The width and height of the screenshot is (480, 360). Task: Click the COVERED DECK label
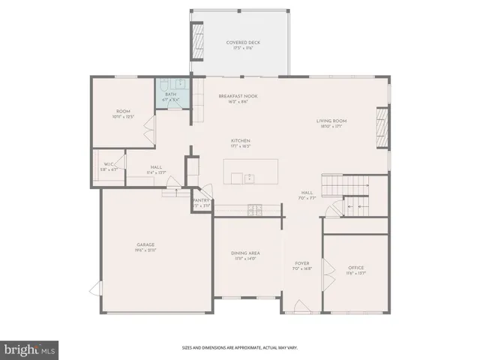tap(240, 43)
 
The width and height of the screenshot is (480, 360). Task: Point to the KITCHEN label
tap(240, 141)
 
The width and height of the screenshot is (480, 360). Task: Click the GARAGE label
tap(145, 244)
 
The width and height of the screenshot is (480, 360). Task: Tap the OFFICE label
tap(355, 268)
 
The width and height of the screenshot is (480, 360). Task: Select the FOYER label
tap(302, 263)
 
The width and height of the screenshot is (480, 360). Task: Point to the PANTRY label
tap(201, 200)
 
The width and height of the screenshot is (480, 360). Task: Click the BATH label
tap(170, 94)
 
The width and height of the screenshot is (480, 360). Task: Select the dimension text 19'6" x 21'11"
tap(145, 250)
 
